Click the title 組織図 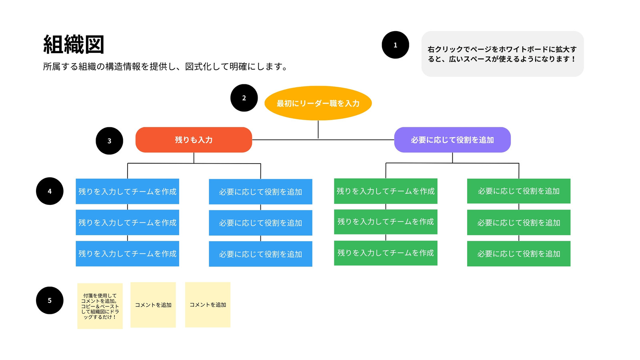click(x=74, y=44)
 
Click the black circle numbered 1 click(x=395, y=45)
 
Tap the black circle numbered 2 click(x=244, y=98)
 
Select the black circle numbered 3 click(x=109, y=141)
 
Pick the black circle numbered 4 click(x=50, y=191)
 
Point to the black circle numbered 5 click(x=50, y=300)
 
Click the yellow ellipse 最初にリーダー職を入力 click(x=318, y=103)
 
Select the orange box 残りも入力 click(x=194, y=140)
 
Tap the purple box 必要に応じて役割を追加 click(x=452, y=140)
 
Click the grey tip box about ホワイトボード click(x=502, y=54)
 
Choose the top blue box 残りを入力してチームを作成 click(x=127, y=192)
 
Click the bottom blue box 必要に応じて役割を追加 click(x=260, y=254)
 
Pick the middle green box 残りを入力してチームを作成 click(x=386, y=222)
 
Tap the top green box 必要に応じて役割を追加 click(x=519, y=191)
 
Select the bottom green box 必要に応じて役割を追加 click(x=519, y=254)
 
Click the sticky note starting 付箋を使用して click(x=100, y=306)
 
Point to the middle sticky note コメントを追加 click(x=153, y=305)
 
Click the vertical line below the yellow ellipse click(x=318, y=130)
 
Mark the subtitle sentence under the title click(x=166, y=67)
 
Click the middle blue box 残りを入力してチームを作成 click(x=127, y=222)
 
